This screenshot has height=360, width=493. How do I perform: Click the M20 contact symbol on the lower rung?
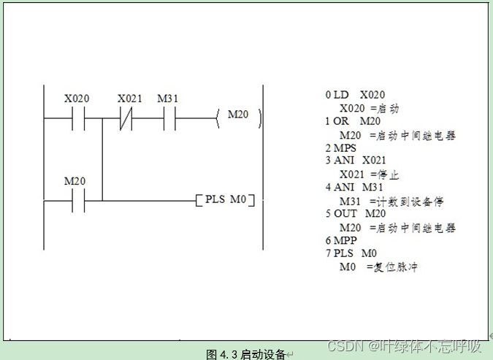78,199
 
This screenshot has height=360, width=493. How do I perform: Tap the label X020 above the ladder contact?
77,99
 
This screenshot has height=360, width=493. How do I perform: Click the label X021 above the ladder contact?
130,99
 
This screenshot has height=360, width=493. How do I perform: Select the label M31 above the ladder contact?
169,99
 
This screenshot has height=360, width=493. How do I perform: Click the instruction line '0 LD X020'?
355,95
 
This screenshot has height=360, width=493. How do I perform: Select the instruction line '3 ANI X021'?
356,161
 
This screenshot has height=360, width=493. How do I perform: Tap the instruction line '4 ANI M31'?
353,188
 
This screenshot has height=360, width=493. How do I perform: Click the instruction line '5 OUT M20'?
356,214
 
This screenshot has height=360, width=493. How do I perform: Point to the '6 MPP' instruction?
340,240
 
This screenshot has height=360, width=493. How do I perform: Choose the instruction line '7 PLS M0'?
351,253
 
